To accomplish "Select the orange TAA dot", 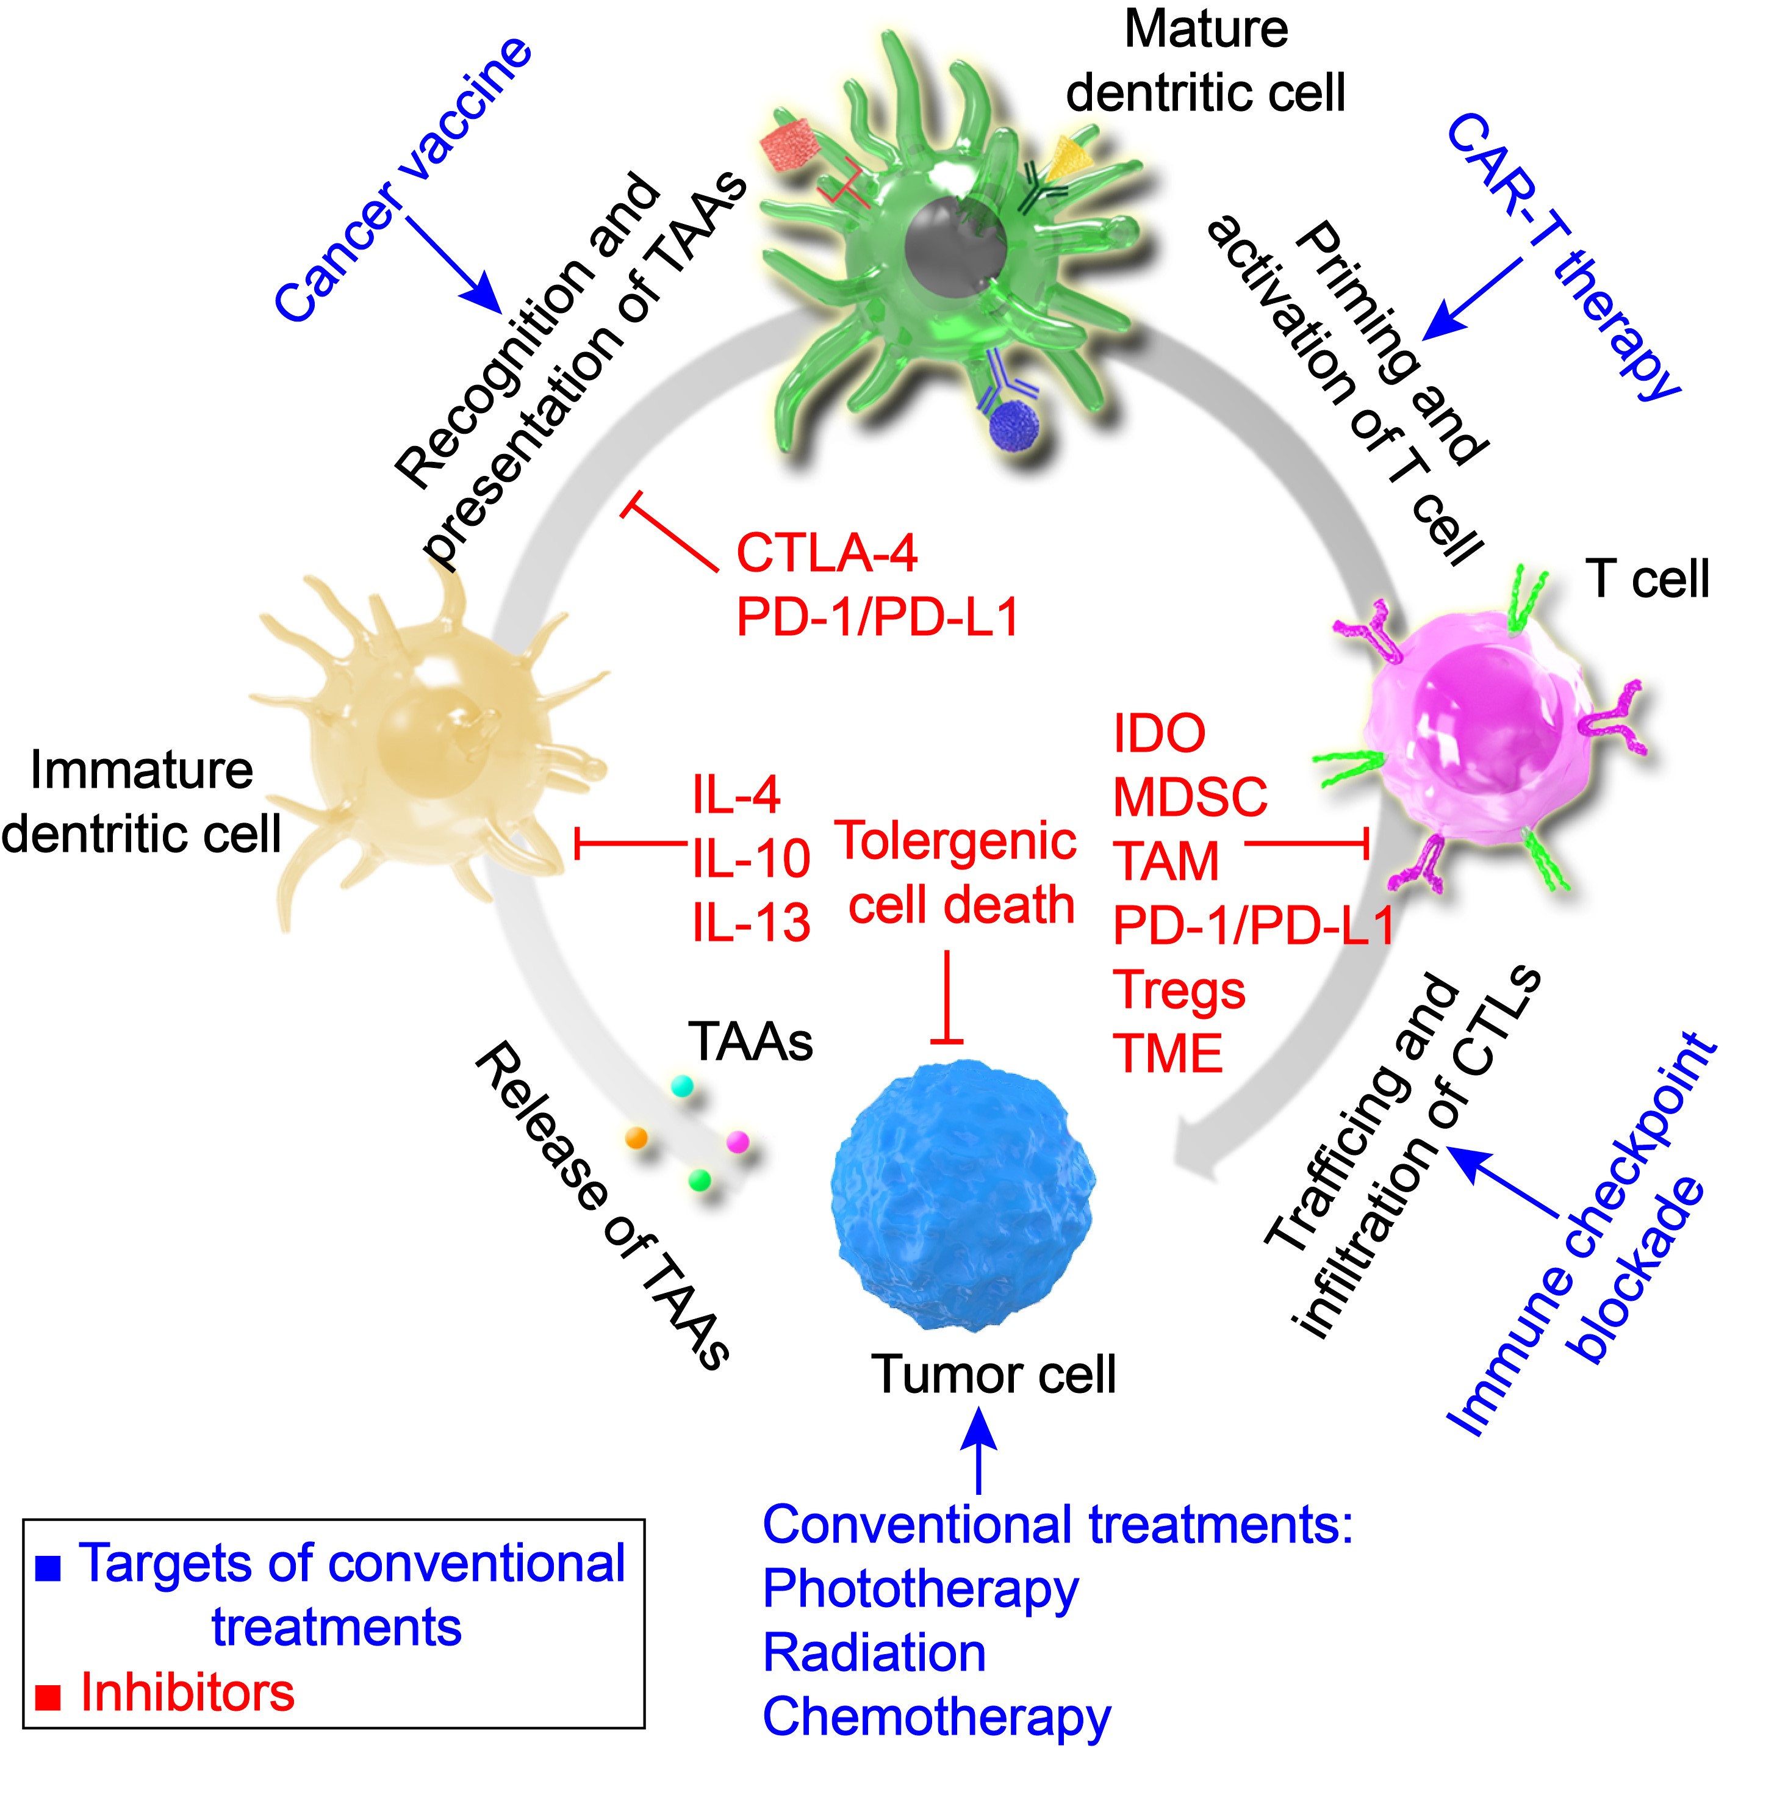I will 637,1137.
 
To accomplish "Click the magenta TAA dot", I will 738,1141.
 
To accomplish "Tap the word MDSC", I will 1189,797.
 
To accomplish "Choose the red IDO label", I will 1159,733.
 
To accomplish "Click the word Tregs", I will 1179,990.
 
